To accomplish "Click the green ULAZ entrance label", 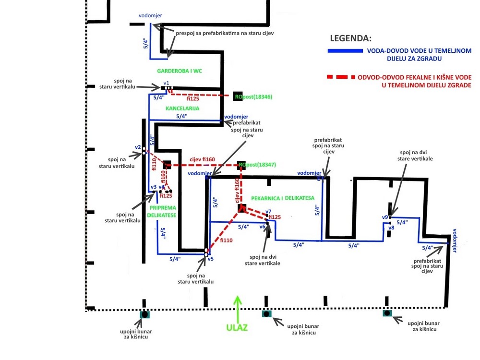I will (x=238, y=328).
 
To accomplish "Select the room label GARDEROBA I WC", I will (x=179, y=71).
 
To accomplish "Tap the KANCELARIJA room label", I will (x=182, y=108).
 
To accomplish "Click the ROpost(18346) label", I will (x=253, y=96).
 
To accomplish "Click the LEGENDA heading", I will (x=350, y=38).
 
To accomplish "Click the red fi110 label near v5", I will (x=227, y=240).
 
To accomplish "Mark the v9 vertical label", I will (x=385, y=217).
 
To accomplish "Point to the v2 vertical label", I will (x=137, y=147).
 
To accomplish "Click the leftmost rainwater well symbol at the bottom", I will (x=144, y=314).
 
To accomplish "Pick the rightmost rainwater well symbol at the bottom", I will (x=387, y=313).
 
